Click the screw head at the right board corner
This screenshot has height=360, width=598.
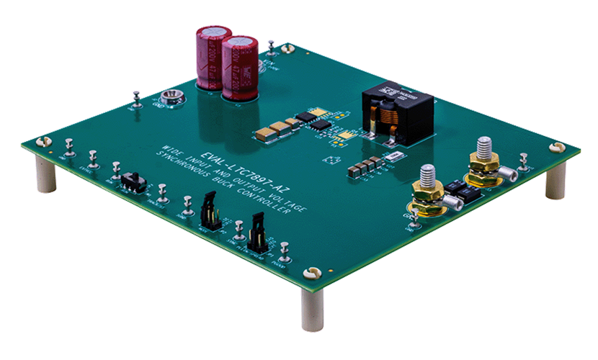coord(554,148)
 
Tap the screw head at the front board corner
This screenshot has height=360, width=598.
coord(312,273)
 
